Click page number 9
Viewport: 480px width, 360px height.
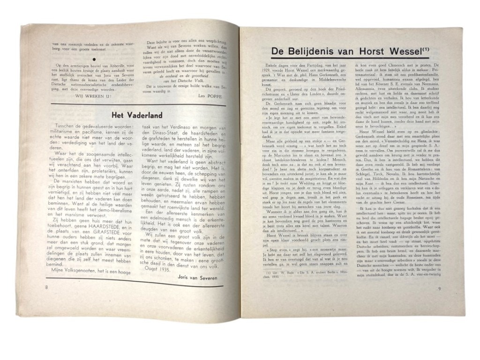pos(439,289)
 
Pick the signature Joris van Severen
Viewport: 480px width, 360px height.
pos(197,277)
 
